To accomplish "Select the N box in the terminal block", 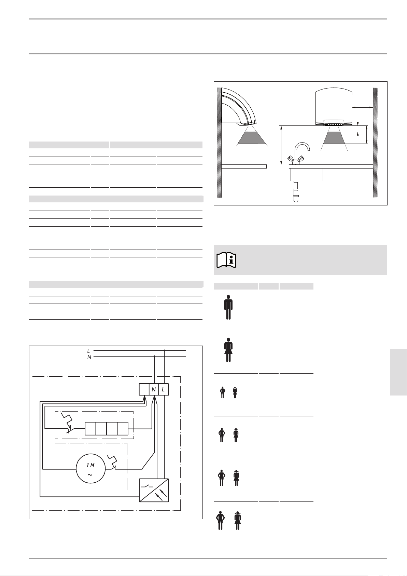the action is [154, 389].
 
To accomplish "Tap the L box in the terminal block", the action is [164, 389].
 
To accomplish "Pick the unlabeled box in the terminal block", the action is [144, 389].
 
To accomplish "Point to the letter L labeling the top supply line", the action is [88, 351].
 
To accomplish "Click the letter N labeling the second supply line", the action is [89, 357].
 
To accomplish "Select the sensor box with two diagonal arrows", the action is [154, 490].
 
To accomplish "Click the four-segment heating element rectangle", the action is [107, 428].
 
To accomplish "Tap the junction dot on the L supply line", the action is [164, 350].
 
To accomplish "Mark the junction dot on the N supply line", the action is [154, 356].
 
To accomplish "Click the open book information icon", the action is [226, 260].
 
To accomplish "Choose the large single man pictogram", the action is [228, 307].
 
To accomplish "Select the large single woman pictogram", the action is [228, 350].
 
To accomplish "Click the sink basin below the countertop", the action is [307, 175].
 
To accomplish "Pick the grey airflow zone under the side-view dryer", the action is [252, 137].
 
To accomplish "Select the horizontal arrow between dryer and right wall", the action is [362, 107].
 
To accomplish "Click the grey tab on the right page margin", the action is [398, 372].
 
